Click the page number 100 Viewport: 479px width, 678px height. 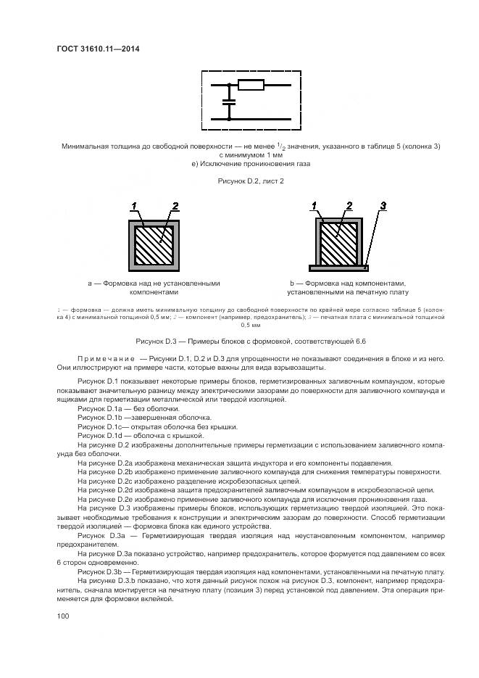(x=62, y=616)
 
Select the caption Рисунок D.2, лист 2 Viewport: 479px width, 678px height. (x=251, y=181)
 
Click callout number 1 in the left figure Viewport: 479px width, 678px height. (x=133, y=207)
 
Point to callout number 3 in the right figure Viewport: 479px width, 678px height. (x=384, y=207)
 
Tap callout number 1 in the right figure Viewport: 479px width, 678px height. (x=316, y=207)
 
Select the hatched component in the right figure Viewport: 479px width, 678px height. (x=338, y=244)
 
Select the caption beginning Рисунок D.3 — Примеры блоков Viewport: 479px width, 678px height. (x=251, y=341)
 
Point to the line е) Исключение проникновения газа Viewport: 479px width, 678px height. (x=251, y=164)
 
